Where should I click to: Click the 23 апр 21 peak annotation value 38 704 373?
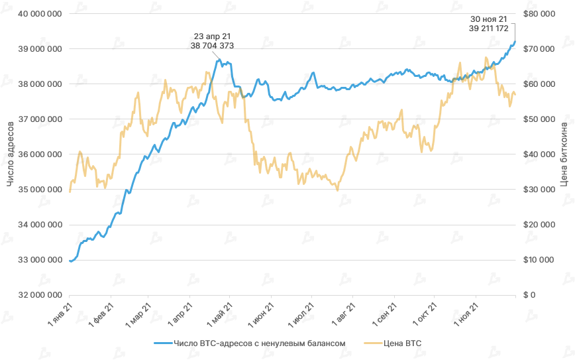tap(212, 46)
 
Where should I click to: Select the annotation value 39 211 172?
tap(488, 29)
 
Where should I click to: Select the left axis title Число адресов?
tap(10, 154)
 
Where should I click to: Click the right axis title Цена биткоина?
tap(564, 154)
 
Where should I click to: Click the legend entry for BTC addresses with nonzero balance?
tap(259, 343)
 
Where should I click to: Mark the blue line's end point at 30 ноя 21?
tap(515, 42)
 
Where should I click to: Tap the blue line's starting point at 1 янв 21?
tap(70, 261)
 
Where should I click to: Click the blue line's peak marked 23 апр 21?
tap(219, 60)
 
